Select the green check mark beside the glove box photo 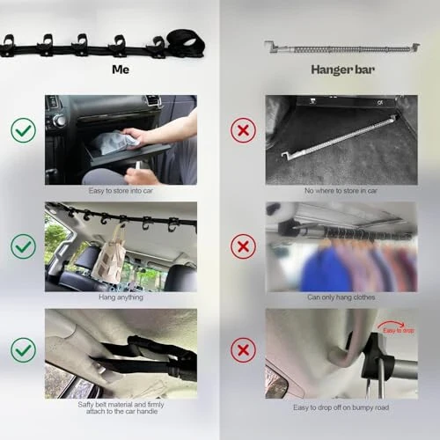[x=24, y=131]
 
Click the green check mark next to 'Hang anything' [x=24, y=246]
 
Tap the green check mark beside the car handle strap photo [x=24, y=350]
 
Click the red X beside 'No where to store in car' [x=243, y=131]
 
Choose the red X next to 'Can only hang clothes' [x=243, y=246]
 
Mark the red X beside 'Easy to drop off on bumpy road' [x=243, y=350]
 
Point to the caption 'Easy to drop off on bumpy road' [x=341, y=407]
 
